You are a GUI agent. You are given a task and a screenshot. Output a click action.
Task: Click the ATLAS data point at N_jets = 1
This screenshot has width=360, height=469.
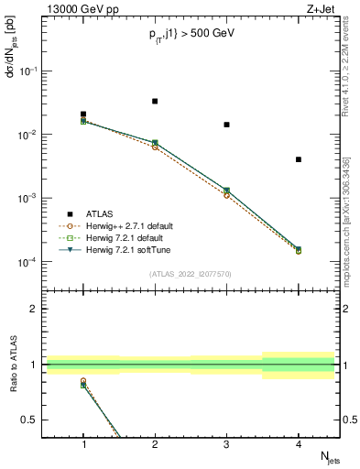point(83,115)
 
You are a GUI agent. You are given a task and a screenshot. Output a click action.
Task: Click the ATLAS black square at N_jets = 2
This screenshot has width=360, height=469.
point(155,101)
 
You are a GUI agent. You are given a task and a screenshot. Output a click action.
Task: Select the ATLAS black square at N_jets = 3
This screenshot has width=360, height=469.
point(226,125)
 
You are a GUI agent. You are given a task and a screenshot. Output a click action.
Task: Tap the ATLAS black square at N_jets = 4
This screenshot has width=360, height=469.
point(299,159)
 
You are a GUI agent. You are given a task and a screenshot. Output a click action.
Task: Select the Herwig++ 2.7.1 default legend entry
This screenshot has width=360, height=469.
point(126,225)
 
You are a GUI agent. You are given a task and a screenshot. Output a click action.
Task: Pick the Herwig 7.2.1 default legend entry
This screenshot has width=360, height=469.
point(123,237)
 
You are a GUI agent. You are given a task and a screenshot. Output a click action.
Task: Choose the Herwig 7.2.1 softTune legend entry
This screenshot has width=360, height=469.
point(125,249)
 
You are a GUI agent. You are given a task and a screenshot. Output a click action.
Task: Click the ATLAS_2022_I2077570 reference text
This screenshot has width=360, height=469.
point(190,272)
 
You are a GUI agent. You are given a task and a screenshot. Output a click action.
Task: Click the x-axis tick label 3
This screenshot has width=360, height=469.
point(226,445)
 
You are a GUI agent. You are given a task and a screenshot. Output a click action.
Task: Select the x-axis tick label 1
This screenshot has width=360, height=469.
point(83,445)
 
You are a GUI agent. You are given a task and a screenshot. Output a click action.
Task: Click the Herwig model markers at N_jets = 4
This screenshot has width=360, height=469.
point(299,250)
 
